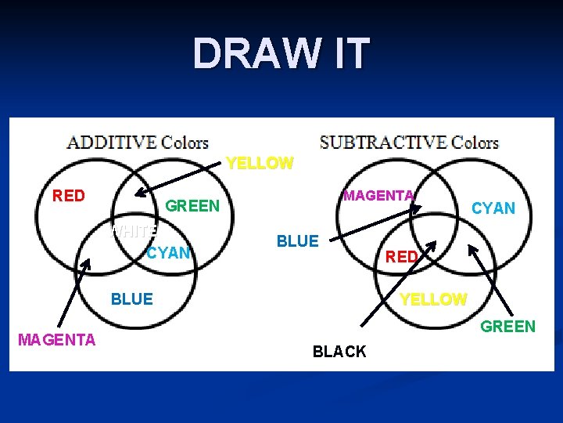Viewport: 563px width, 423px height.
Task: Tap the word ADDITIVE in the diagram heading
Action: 111,143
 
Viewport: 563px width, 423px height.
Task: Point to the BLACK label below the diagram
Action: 339,352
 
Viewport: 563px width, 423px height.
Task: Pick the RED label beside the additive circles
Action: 69,196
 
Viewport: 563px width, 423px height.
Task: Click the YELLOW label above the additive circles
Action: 260,164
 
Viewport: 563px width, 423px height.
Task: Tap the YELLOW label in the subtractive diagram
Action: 433,299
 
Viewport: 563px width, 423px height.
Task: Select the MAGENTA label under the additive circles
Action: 56,339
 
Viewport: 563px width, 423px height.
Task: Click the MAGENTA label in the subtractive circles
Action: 378,195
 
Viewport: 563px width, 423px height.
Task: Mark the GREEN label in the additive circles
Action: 193,206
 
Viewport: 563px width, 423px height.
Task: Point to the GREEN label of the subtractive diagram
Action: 507,327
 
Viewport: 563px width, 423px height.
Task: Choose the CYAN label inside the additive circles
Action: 169,252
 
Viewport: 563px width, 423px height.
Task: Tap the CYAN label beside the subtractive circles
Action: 493,208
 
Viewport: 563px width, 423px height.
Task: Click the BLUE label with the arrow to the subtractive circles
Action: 298,241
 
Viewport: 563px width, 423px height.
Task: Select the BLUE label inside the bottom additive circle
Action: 132,298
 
